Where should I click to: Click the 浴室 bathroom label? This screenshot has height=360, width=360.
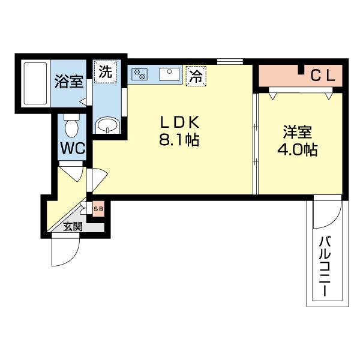point(69,81)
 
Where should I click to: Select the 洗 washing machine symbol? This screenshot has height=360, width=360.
point(105,73)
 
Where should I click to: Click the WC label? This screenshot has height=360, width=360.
point(72,148)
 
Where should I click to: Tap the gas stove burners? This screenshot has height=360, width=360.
point(140,74)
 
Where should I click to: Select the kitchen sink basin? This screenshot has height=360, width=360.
point(169,75)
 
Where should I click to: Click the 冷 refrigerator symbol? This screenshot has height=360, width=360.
point(195,76)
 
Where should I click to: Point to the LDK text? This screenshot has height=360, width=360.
point(178,122)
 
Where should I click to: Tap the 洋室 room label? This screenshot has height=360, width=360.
point(297,131)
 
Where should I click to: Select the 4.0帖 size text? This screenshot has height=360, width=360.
point(297,149)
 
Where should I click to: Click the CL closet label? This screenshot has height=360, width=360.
point(325,76)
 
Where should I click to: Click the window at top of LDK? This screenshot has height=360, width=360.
point(230,61)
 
